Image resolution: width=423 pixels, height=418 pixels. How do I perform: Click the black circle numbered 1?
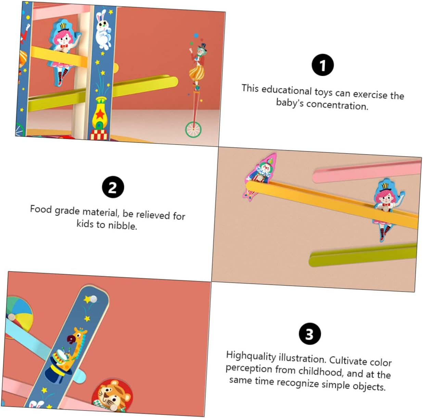point(322,65)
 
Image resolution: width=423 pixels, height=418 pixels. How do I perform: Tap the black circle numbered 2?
point(113,187)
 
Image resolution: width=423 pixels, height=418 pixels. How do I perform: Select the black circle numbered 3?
point(310,334)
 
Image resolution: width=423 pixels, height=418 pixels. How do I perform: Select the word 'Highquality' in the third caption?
point(251,356)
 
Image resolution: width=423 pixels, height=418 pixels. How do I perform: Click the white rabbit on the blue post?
point(103,30)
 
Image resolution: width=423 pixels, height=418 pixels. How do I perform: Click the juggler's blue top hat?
point(202,47)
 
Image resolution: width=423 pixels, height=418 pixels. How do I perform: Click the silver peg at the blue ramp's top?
point(93,299)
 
